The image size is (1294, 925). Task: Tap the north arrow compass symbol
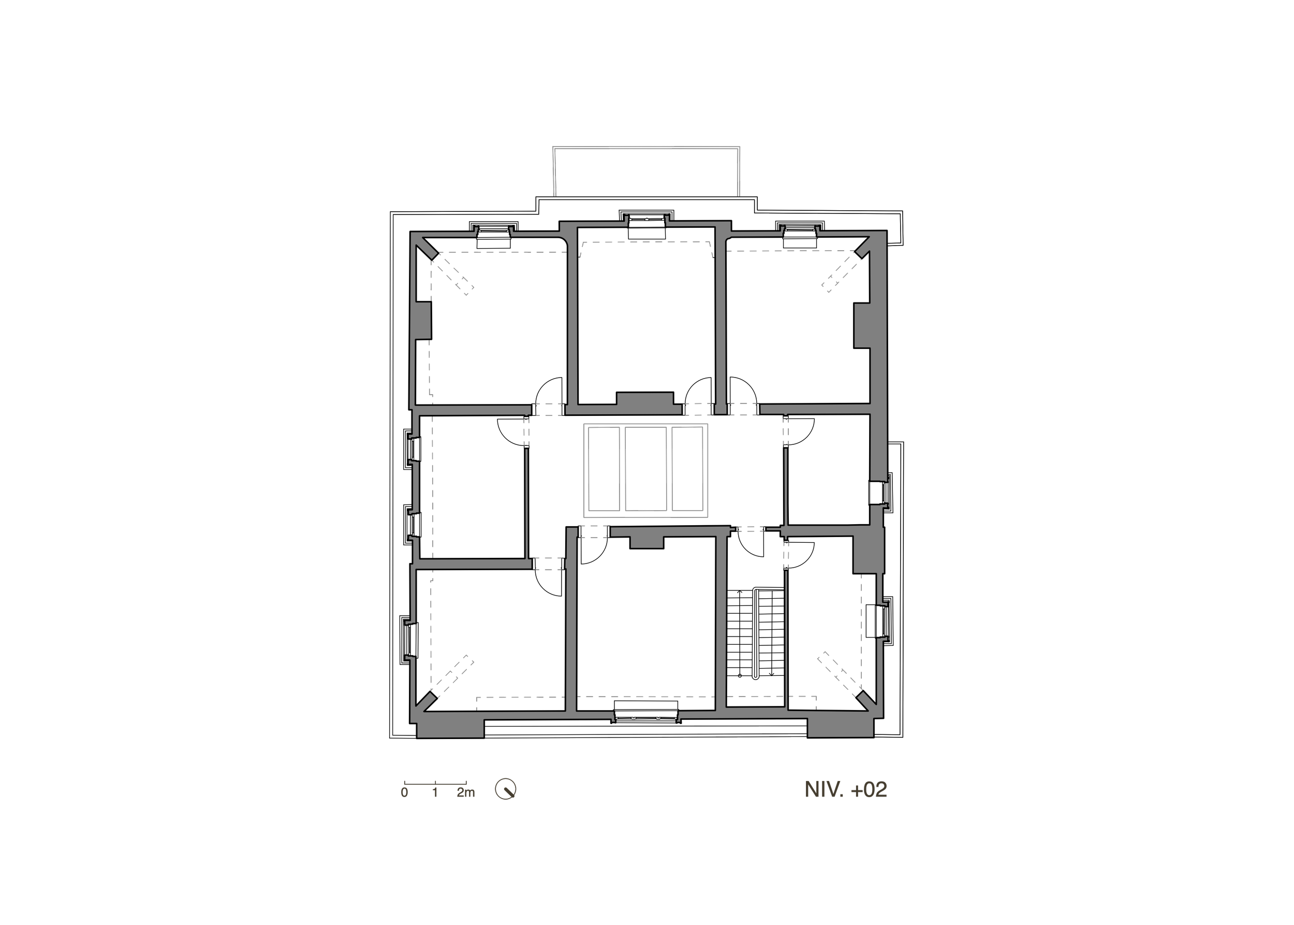tap(506, 789)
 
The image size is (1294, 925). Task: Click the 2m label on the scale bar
tap(466, 792)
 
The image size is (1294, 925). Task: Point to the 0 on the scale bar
tap(404, 792)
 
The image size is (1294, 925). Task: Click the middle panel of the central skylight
tap(645, 469)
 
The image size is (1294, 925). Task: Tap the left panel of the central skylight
tap(604, 469)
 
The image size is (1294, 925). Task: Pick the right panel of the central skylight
tap(687, 469)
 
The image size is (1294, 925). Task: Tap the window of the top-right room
tap(799, 235)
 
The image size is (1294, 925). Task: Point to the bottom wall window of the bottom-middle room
tap(646, 713)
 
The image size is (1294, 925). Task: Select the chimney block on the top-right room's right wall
tap(862, 325)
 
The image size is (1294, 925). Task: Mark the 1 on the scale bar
tap(435, 792)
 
